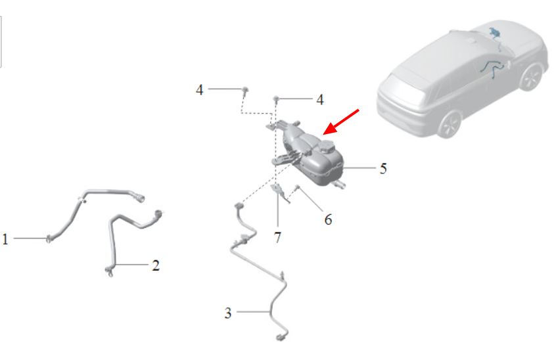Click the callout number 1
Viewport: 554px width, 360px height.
point(5,239)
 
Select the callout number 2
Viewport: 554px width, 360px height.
point(156,265)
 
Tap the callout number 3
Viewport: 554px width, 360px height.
point(228,313)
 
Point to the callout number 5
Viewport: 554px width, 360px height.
point(383,169)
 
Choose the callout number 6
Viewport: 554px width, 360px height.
point(328,220)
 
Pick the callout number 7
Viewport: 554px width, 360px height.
point(278,237)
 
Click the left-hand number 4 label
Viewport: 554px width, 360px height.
point(200,90)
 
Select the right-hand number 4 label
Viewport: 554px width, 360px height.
point(320,100)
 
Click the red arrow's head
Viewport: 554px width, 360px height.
point(329,129)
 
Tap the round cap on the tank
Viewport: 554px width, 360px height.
point(326,146)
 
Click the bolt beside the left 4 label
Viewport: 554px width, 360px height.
point(245,90)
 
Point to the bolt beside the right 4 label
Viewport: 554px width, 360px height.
point(276,99)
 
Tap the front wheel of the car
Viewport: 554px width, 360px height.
point(531,78)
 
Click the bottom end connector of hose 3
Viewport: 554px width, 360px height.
point(281,338)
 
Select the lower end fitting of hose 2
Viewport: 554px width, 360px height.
point(109,271)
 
